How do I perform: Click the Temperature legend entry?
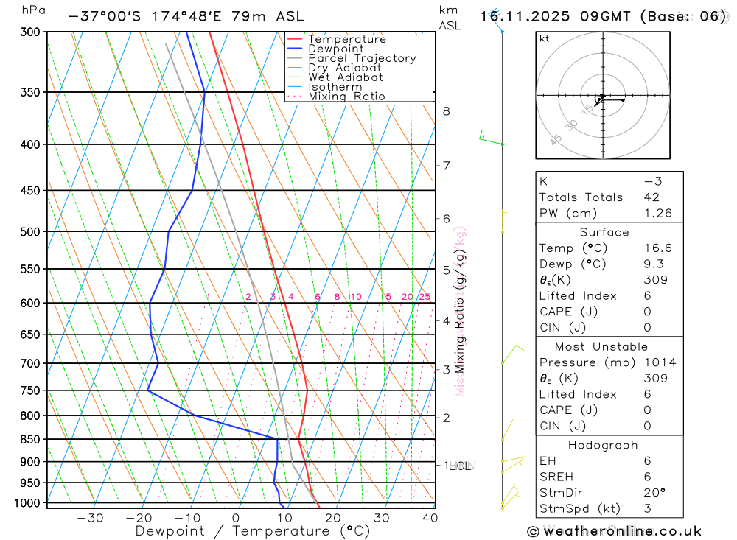(346, 39)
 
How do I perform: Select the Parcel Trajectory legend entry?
(362, 58)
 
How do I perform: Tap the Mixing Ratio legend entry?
(346, 97)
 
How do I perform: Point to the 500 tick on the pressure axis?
(30, 231)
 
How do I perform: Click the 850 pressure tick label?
(30, 439)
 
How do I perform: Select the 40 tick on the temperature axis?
(430, 518)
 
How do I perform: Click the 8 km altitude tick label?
(446, 111)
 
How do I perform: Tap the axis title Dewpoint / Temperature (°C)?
(253, 530)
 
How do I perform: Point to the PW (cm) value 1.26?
(657, 214)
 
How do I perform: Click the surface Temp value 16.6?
(657, 248)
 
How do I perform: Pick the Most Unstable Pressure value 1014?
(660, 362)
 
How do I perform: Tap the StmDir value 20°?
(653, 493)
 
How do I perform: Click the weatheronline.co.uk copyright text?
(614, 531)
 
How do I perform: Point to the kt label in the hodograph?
(545, 39)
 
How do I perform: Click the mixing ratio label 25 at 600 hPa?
(425, 297)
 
